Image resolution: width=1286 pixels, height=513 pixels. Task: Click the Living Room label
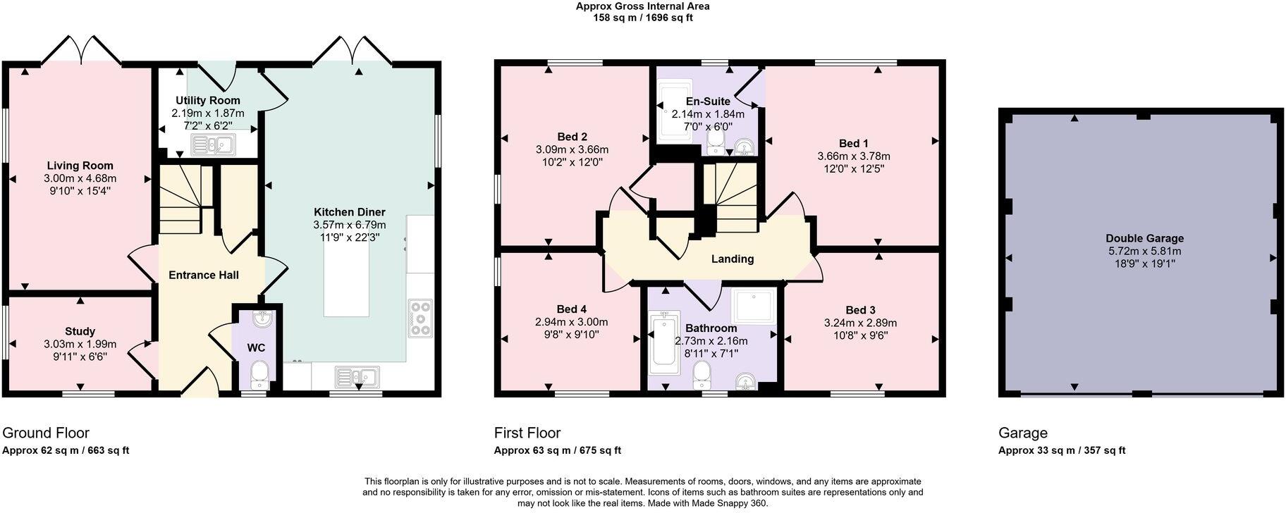click(x=80, y=166)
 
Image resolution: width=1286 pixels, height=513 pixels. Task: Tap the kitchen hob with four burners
click(x=421, y=318)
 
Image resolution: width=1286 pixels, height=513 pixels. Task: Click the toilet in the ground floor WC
click(x=259, y=374)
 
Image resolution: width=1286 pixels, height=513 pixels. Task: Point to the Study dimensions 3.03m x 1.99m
click(x=80, y=344)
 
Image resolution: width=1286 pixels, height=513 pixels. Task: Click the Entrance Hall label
click(x=203, y=275)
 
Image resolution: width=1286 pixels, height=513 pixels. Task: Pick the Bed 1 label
click(x=853, y=143)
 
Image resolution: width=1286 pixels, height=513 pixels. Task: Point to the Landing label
click(x=732, y=259)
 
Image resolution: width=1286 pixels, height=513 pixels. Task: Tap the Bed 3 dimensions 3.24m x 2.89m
click(x=860, y=323)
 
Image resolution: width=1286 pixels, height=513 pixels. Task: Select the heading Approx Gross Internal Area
click(x=642, y=6)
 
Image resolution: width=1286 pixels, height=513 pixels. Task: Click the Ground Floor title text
click(x=46, y=433)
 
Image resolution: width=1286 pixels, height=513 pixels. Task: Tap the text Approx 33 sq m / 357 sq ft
click(x=1061, y=450)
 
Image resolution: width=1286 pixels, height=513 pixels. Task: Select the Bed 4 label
click(x=571, y=309)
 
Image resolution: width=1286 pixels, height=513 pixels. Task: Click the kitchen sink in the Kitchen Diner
click(x=357, y=376)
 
